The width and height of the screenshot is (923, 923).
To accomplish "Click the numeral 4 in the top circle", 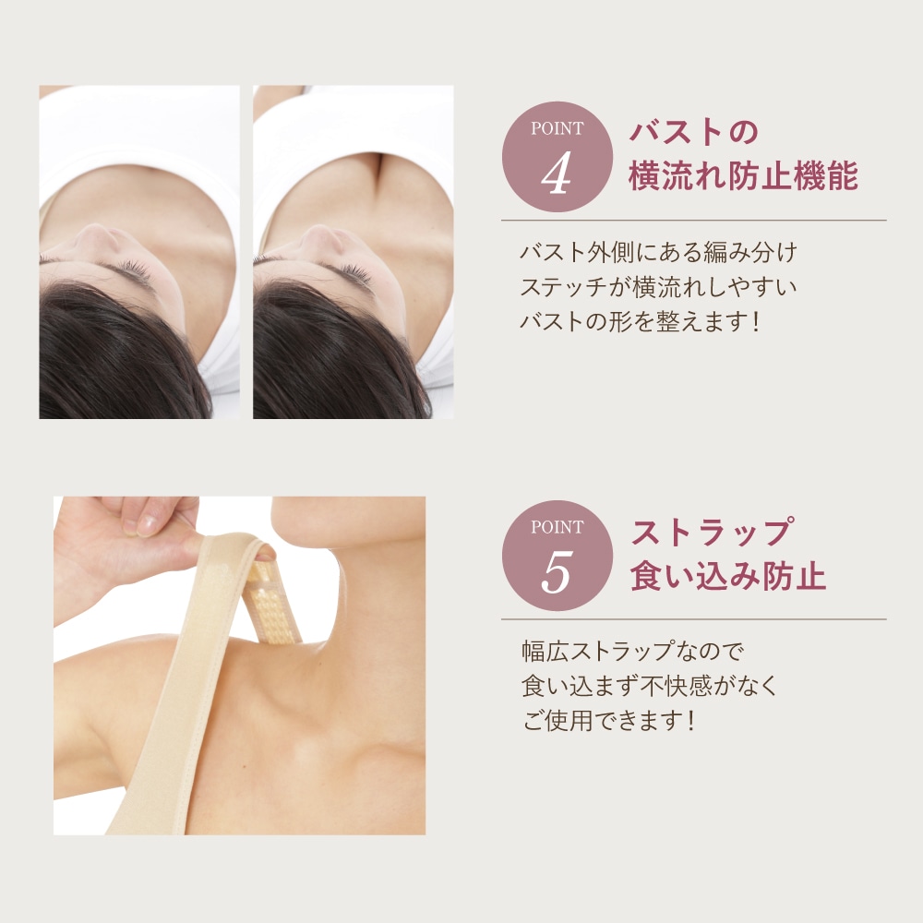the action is [556, 174].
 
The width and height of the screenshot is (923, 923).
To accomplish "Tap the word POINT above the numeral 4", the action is [557, 128].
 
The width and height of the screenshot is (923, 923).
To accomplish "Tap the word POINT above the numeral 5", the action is [557, 527].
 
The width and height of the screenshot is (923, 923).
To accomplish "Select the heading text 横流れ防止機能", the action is [743, 175].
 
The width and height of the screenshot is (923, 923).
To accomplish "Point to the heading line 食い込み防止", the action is [728, 575].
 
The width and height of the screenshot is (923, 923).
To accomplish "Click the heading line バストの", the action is [694, 131].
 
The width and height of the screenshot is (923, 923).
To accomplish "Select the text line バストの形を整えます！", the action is [640, 321].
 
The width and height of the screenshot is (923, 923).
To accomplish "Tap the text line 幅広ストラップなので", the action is [633, 651].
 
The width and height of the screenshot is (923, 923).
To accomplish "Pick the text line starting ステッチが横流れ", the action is [658, 287].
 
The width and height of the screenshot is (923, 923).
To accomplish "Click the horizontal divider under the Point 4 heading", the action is [693, 221].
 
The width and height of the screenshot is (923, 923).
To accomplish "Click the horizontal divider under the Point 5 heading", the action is [693, 619].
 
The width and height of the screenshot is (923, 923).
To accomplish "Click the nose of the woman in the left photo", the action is [100, 237].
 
